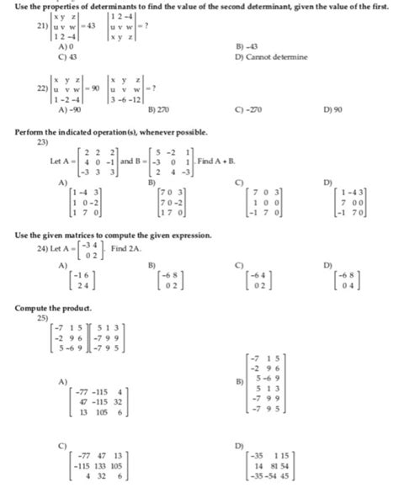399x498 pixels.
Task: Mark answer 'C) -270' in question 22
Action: click(251, 109)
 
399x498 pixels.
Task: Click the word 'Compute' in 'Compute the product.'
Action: click(32, 310)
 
